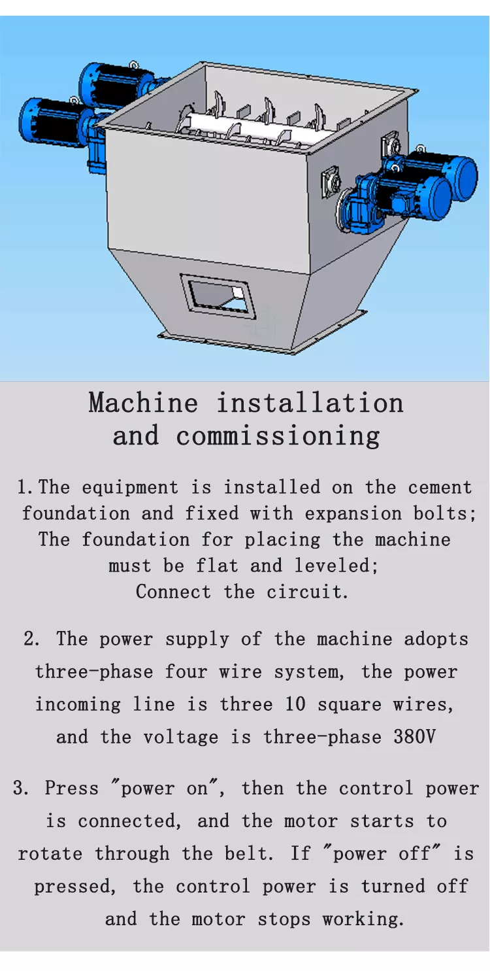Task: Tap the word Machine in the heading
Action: pos(143,403)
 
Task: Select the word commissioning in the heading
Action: pos(278,436)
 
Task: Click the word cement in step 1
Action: pos(440,488)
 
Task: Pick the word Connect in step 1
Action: pos(173,592)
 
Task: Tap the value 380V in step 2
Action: pos(414,736)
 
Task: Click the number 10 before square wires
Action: pos(295,704)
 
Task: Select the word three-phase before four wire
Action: pos(94,672)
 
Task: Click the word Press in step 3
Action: pos(72,788)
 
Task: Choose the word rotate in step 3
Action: pos(50,853)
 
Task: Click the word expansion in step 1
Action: pos(353,514)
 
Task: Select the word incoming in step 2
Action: pos(78,704)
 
